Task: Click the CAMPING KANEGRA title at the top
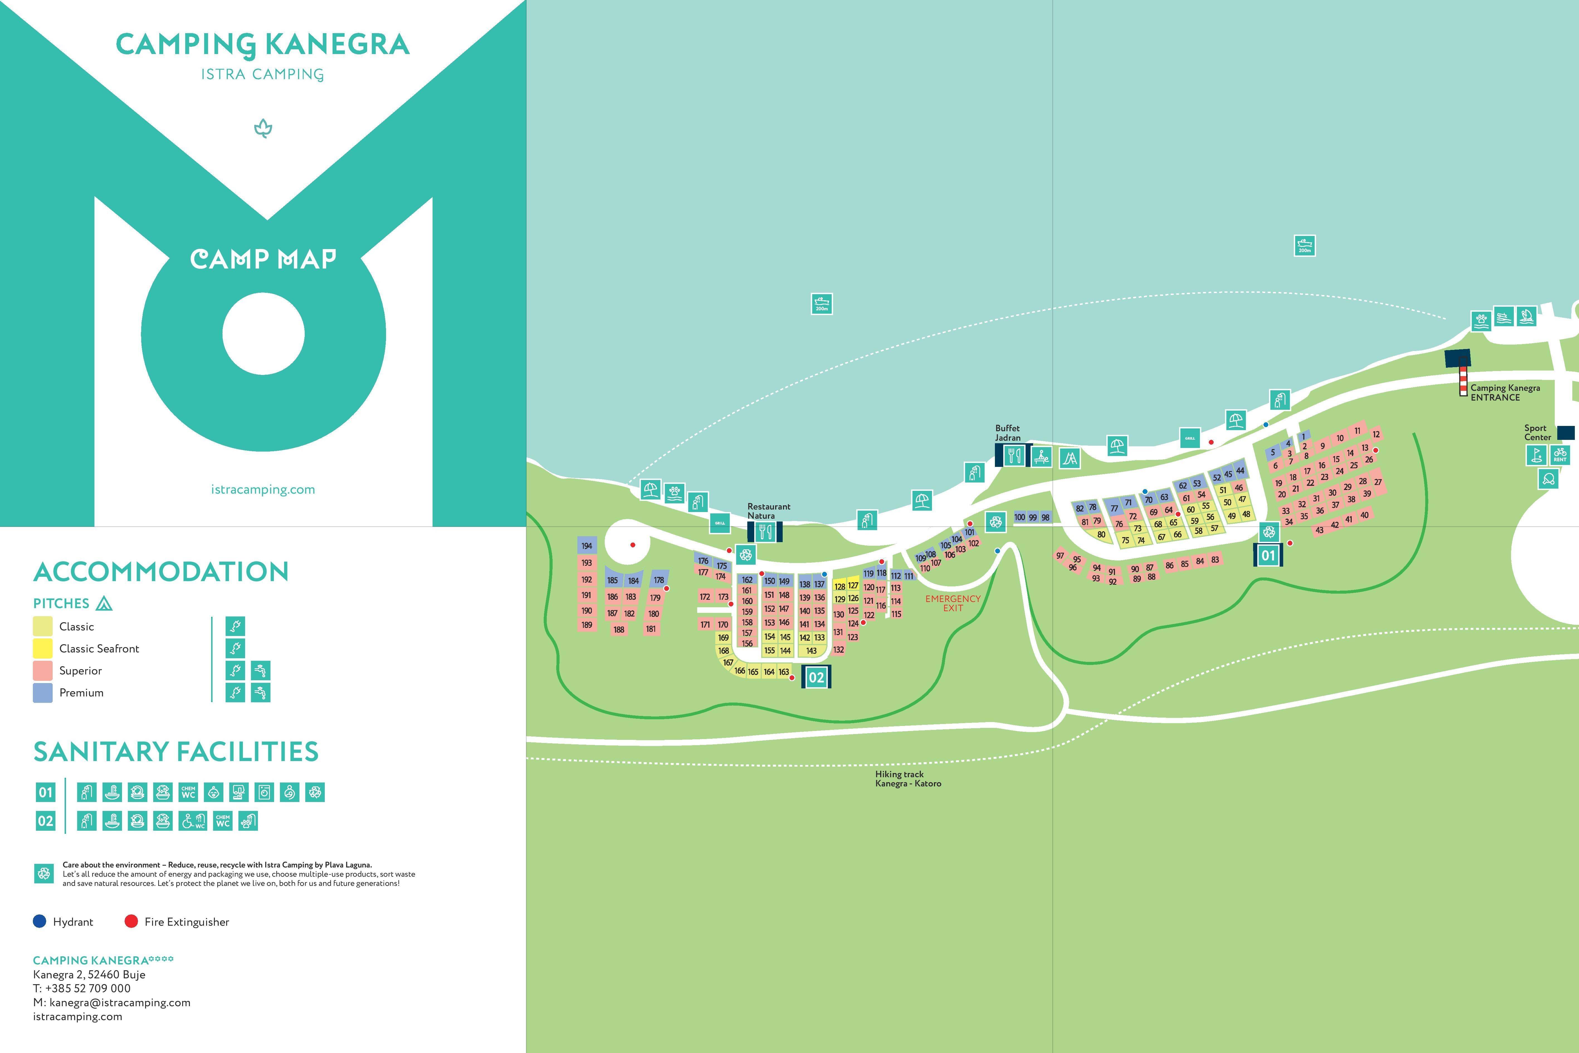pos(262,44)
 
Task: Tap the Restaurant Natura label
pos(769,511)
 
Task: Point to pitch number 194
pos(587,546)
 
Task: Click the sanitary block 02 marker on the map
pos(816,677)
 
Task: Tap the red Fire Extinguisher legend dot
pos(131,922)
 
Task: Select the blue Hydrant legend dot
pos(40,922)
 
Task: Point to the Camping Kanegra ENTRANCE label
pos(1505,392)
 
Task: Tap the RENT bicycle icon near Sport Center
pos(1560,455)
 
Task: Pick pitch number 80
pos(1101,535)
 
